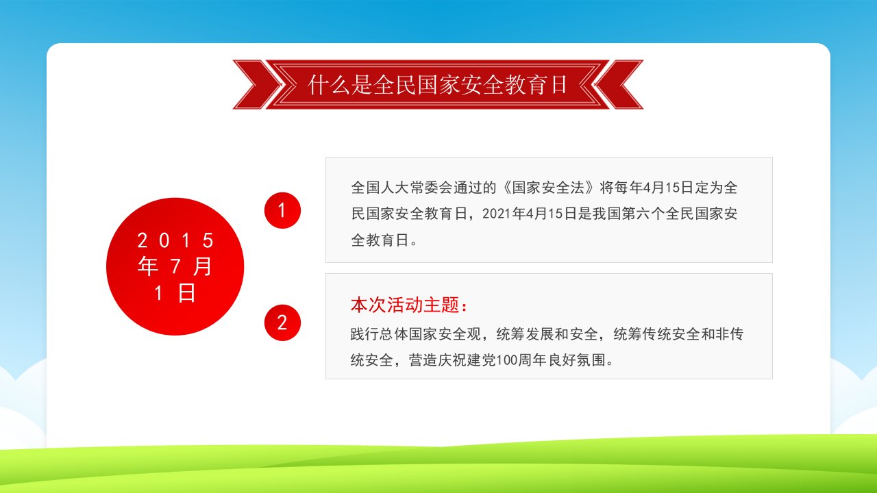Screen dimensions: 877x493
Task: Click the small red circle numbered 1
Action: point(282,210)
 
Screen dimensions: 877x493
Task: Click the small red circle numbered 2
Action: point(282,323)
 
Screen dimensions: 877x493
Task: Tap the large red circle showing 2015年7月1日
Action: point(175,266)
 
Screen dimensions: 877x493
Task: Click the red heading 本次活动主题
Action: point(410,305)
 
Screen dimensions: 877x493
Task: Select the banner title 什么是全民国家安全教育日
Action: point(437,84)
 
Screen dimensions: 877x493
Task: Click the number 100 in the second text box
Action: point(506,360)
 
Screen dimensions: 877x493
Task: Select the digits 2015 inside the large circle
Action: point(175,240)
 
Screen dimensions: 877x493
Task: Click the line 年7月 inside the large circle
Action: point(175,266)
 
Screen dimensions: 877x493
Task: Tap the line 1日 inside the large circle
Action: point(175,292)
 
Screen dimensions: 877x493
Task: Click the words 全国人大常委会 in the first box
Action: point(402,188)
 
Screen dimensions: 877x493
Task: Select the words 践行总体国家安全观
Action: point(416,334)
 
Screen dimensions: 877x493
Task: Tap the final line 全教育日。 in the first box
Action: point(384,240)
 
